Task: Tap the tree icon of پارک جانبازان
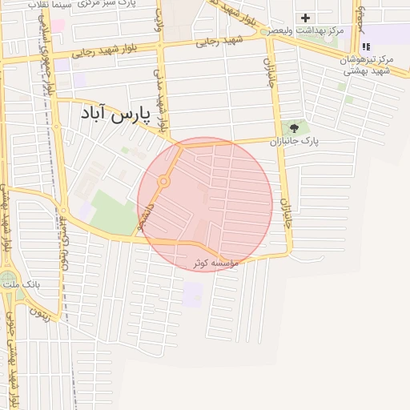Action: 295,127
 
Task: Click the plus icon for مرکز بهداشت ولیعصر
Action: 305,18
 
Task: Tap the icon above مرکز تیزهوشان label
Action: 366,46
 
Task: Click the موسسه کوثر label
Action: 216,263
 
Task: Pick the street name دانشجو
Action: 144,217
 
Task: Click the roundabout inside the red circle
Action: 163,182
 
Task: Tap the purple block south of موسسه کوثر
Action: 192,294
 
